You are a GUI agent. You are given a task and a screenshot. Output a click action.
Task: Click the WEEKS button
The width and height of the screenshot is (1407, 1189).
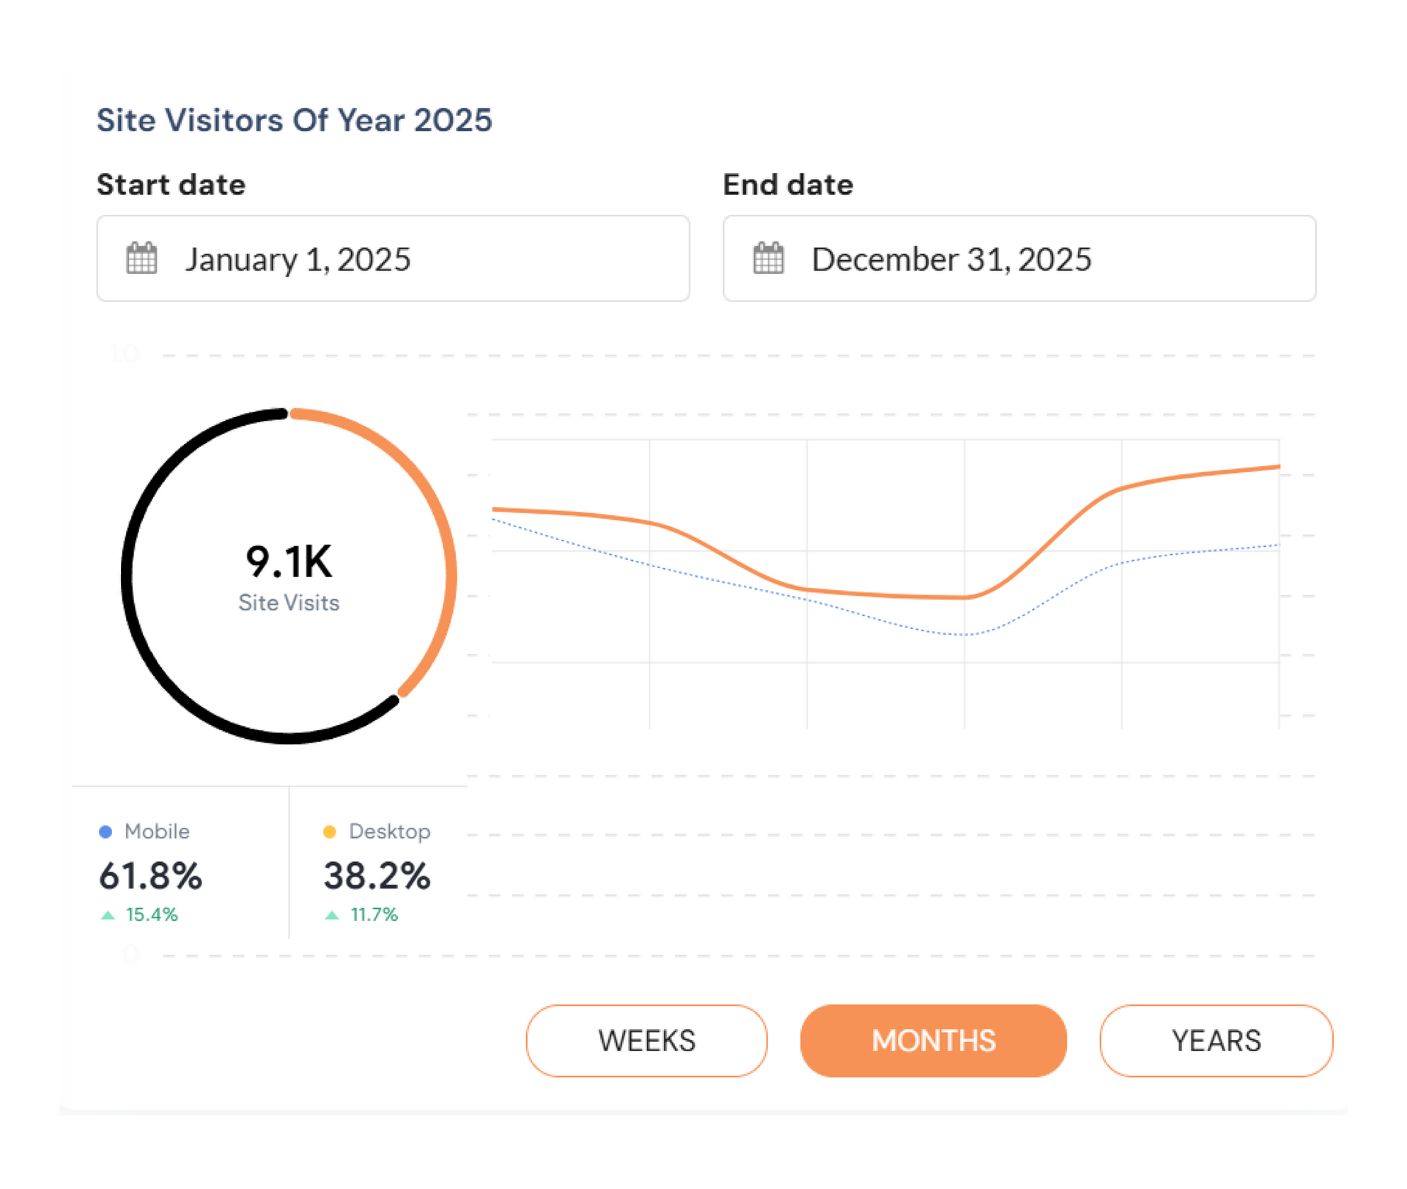click(x=646, y=1041)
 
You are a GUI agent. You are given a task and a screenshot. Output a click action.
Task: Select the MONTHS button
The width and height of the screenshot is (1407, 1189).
click(x=933, y=1041)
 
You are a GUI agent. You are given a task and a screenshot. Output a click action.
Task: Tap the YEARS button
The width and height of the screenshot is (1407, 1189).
click(x=1216, y=1041)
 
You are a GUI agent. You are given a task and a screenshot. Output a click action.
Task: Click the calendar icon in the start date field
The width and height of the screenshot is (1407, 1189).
click(x=141, y=258)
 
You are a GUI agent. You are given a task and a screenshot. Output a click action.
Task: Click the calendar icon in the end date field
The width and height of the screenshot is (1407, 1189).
click(x=768, y=258)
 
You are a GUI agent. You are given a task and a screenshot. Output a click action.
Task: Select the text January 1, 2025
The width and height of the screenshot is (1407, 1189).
click(x=298, y=259)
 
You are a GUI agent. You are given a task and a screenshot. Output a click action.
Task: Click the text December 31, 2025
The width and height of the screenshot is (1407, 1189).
click(x=951, y=259)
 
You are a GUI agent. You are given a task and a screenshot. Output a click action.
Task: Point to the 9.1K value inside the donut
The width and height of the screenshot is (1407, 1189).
click(x=289, y=562)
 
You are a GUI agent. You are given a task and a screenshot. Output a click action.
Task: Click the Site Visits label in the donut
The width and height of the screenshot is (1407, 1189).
click(x=289, y=603)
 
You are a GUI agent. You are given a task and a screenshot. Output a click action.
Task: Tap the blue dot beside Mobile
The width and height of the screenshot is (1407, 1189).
click(x=106, y=831)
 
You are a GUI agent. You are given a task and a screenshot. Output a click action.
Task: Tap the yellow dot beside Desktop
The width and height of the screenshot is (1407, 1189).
click(x=330, y=831)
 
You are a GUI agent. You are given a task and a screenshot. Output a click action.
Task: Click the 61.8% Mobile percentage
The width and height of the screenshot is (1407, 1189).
click(x=150, y=876)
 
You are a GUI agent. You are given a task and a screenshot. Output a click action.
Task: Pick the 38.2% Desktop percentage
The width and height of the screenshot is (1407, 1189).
click(x=377, y=876)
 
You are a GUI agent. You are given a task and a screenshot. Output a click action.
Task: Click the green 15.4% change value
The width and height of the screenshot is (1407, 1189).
click(x=152, y=915)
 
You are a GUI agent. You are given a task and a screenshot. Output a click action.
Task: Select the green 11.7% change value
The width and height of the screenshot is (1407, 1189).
click(x=374, y=915)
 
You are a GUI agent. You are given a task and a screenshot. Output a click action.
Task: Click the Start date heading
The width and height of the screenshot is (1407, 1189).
click(x=171, y=185)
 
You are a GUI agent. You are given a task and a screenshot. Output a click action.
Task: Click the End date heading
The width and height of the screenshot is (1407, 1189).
click(x=788, y=185)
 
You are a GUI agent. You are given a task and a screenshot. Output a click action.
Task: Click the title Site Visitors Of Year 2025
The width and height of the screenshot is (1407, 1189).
click(x=294, y=120)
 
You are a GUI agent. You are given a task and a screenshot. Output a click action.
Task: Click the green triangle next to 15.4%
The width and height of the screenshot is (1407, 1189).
click(x=108, y=915)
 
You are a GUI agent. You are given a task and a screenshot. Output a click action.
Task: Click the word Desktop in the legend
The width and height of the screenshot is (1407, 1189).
click(x=389, y=831)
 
